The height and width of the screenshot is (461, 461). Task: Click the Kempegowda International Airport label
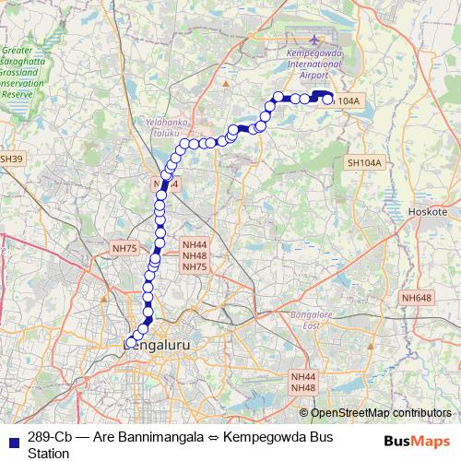coord(315,67)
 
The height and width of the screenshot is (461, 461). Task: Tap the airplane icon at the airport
coord(315,40)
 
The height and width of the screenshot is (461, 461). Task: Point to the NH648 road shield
coord(416,297)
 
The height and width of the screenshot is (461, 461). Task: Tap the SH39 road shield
coord(9,159)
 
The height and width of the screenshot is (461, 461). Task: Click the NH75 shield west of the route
coord(124,248)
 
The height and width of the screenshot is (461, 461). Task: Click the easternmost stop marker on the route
coord(327,100)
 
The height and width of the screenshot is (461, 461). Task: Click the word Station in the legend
coord(49,453)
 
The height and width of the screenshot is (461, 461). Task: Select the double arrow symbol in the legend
coord(207,436)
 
